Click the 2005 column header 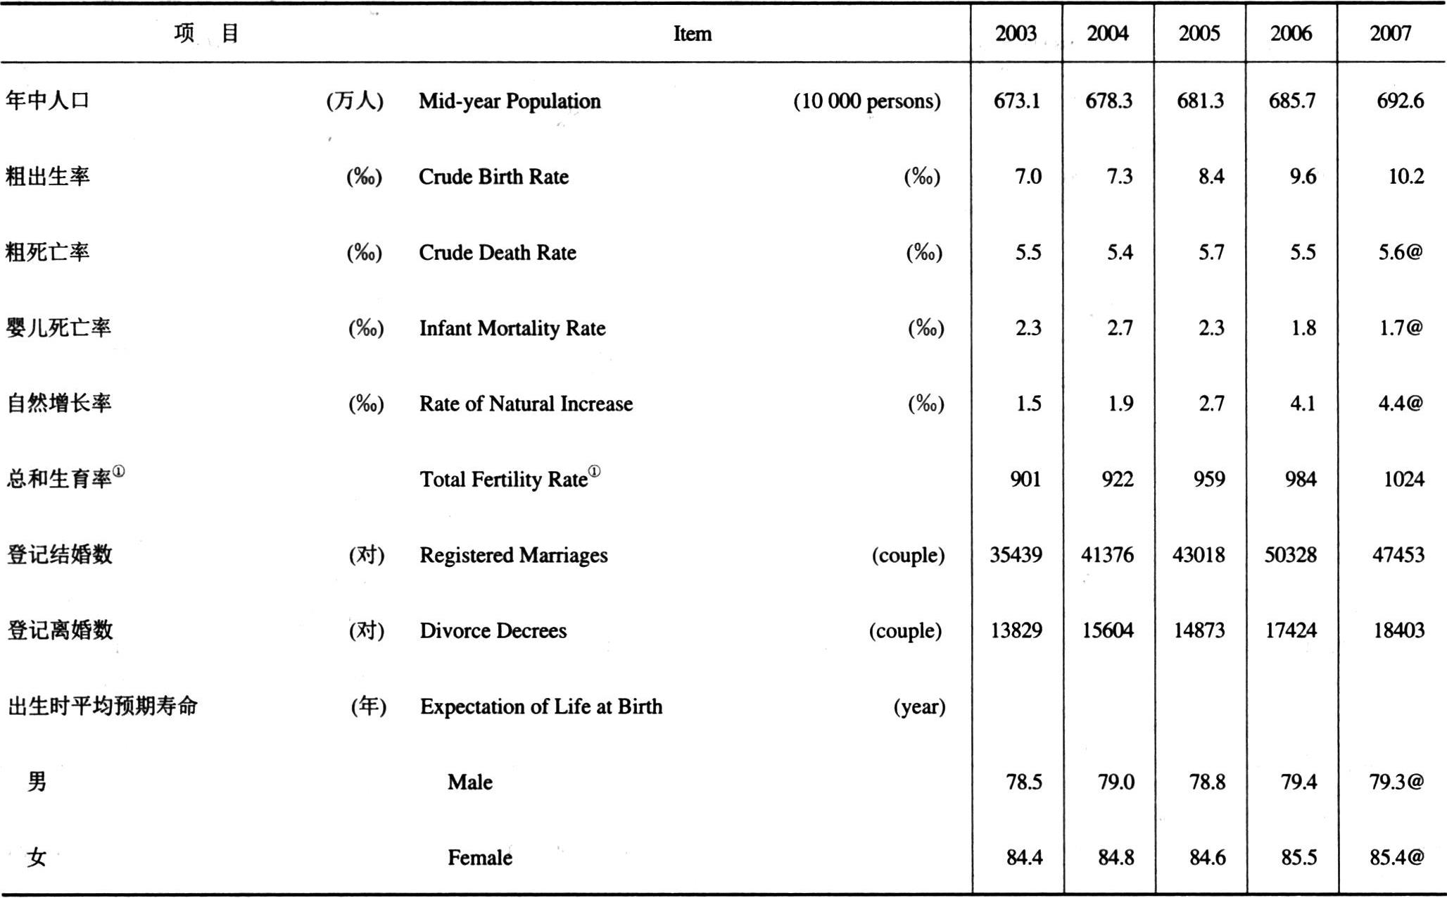[1199, 33]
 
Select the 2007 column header [1390, 33]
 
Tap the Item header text [693, 34]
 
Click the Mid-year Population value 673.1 [1016, 101]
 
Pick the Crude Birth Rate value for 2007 [1406, 176]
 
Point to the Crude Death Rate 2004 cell [1120, 252]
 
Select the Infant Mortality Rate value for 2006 [1303, 328]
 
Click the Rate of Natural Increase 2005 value [1211, 404]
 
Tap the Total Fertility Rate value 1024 [1403, 479]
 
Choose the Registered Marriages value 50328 [1290, 555]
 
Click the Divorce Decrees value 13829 [1016, 630]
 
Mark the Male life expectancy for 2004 [1116, 782]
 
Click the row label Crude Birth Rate [493, 176]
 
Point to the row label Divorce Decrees [493, 630]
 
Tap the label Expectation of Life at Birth [541, 706]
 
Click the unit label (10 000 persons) [867, 101]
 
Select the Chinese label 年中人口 [48, 100]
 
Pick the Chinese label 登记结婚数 [60, 554]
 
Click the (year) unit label [919, 706]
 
